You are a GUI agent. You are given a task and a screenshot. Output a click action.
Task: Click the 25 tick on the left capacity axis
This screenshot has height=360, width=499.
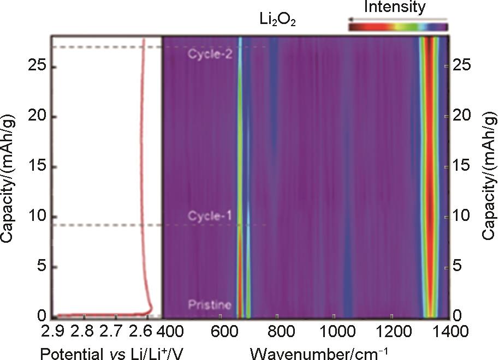tap(36, 67)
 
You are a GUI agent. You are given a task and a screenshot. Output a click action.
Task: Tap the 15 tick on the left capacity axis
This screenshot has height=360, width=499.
tap(36, 167)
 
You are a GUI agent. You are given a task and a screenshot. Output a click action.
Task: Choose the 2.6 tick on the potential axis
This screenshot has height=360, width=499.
tap(146, 331)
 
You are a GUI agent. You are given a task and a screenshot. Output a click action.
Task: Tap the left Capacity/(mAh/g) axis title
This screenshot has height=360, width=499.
tap(9, 180)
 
